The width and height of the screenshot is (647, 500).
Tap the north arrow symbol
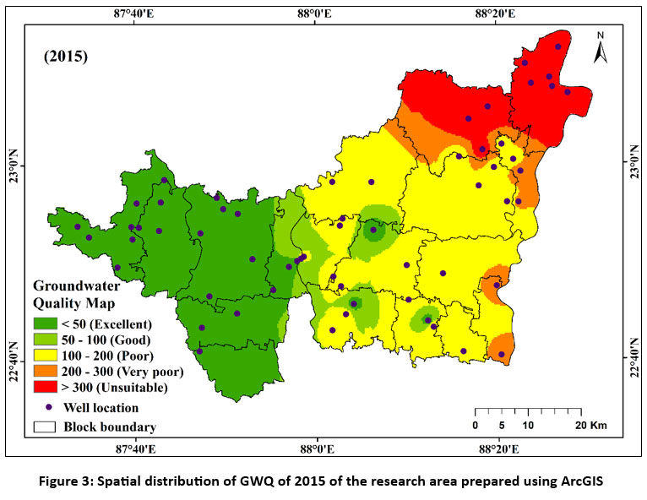pyautogui.click(x=601, y=49)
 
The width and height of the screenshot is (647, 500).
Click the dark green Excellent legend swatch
pyautogui.click(x=46, y=324)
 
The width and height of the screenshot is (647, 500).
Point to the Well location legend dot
pyautogui.click(x=46, y=407)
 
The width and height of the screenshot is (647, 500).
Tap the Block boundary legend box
pyautogui.click(x=46, y=427)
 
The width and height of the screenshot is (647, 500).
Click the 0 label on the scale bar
pyautogui.click(x=476, y=425)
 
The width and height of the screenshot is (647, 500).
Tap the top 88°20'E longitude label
pyautogui.click(x=496, y=13)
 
